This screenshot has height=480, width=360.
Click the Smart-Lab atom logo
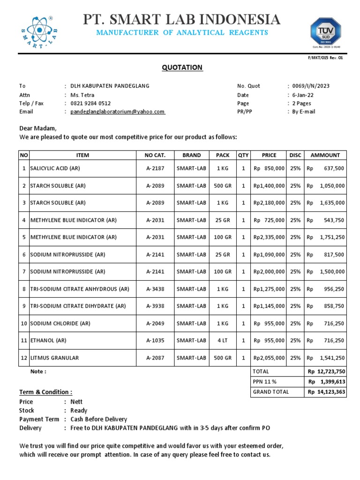(38, 32)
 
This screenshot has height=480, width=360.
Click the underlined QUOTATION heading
(182, 67)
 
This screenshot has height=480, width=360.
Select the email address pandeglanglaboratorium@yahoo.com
(118, 112)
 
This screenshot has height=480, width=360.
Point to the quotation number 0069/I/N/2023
(311, 86)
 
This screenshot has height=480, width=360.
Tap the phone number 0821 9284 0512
(90, 103)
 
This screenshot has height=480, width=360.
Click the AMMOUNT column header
(325, 155)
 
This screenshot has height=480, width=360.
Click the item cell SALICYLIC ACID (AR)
(59, 168)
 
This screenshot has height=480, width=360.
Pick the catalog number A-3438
(155, 289)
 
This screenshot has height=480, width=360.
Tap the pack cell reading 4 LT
(223, 340)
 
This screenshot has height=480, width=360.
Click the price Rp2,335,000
(269, 237)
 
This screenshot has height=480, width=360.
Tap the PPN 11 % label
(265, 382)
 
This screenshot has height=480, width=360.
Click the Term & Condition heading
(46, 392)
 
